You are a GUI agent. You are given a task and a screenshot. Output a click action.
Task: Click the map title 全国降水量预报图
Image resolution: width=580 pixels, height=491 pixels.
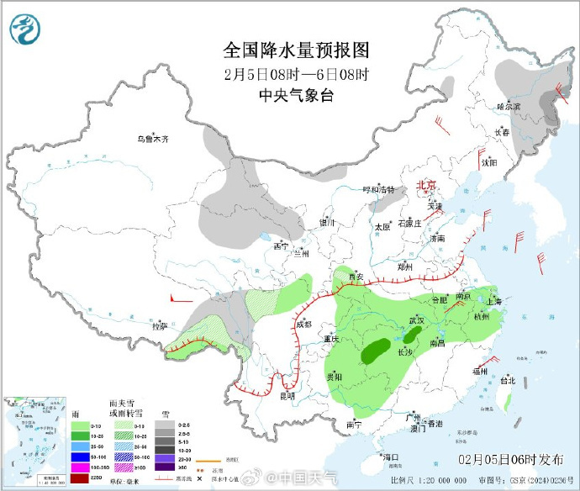tap(296, 50)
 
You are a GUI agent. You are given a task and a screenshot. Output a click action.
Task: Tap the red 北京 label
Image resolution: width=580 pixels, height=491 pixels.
tap(428, 185)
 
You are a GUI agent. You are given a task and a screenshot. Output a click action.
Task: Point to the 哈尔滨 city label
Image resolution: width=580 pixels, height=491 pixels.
tap(508, 107)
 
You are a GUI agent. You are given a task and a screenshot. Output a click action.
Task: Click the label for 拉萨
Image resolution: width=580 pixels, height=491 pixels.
tap(159, 325)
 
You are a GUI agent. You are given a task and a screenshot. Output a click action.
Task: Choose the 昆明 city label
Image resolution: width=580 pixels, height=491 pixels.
tap(287, 395)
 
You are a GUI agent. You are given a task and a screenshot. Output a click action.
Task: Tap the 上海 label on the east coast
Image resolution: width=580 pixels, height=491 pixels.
tap(493, 301)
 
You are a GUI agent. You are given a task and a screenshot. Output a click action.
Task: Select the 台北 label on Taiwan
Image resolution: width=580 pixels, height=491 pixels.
tap(507, 380)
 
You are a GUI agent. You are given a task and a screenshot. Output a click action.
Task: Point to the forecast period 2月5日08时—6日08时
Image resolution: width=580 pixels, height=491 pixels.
tap(296, 73)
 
